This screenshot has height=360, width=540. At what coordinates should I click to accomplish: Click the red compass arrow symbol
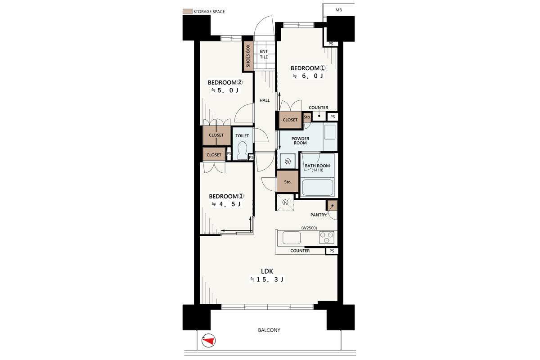(208, 341)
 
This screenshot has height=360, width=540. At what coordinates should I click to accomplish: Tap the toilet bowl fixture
(242, 150)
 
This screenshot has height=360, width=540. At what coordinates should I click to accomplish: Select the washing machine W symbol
(288, 161)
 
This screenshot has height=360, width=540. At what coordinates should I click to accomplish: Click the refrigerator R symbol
(285, 202)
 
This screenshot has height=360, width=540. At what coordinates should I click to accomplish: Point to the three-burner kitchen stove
(327, 237)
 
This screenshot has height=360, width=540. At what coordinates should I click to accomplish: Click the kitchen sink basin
(292, 238)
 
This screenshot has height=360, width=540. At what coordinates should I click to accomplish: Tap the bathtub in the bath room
(318, 187)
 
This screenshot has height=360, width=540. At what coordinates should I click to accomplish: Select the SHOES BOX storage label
(248, 56)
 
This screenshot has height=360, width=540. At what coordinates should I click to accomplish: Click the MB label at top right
(338, 10)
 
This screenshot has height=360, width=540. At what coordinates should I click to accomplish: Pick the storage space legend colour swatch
(187, 11)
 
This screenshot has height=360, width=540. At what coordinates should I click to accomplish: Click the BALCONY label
(269, 330)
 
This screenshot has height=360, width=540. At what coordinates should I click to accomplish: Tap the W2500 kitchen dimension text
(309, 228)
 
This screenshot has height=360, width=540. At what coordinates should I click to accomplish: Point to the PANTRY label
(318, 215)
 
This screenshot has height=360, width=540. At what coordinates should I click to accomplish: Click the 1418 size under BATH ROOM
(317, 170)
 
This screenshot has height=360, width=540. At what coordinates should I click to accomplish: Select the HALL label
(265, 100)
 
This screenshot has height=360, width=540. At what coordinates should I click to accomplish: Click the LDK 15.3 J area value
(267, 279)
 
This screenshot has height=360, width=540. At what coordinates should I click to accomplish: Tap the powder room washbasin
(330, 132)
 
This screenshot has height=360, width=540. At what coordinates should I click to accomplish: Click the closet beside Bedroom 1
(290, 120)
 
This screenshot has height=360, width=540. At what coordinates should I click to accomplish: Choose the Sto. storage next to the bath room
(288, 181)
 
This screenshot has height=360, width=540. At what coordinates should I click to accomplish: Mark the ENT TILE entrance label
(264, 54)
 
